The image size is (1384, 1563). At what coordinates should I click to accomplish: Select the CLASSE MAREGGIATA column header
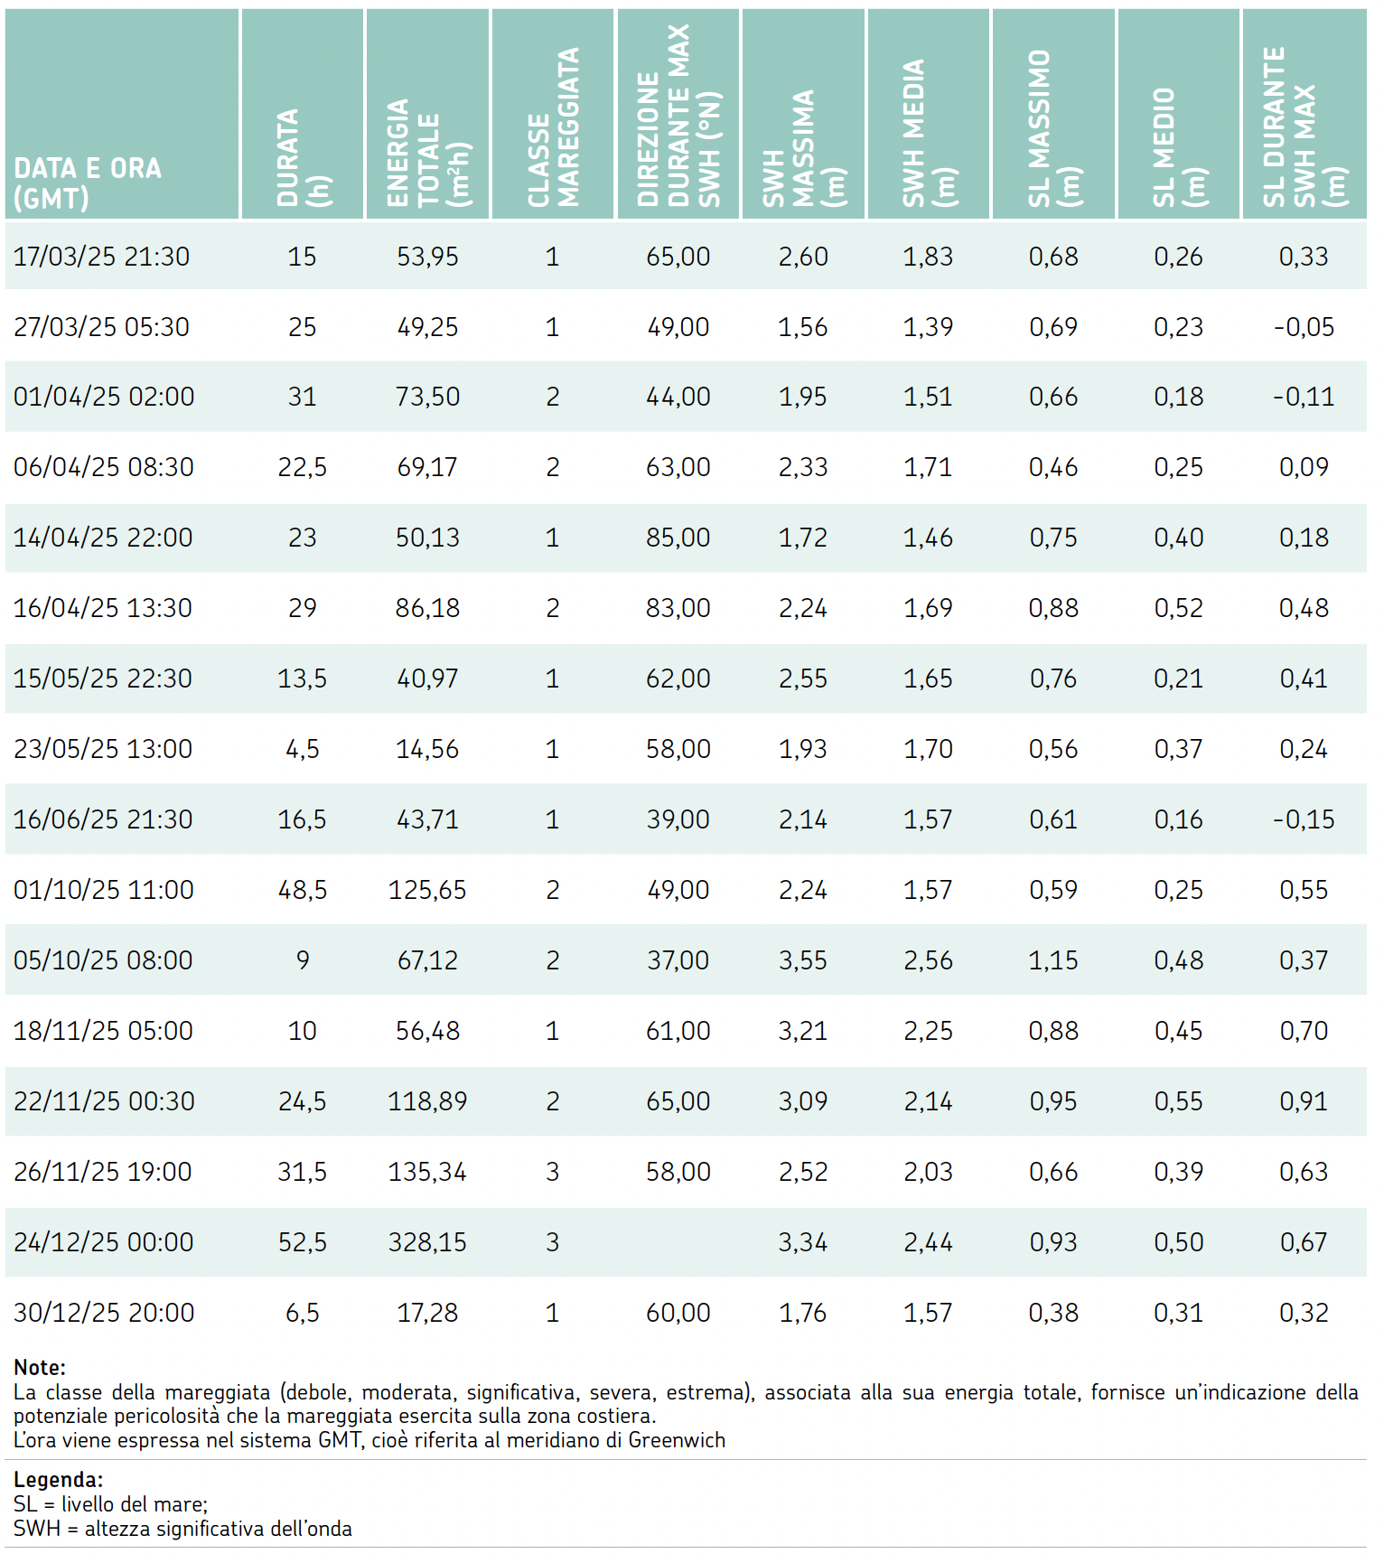point(553,127)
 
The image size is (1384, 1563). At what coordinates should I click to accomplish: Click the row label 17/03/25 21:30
point(101,257)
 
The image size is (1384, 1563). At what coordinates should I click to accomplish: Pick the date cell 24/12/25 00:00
point(103,1242)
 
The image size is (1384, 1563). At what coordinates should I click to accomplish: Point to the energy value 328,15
point(427,1242)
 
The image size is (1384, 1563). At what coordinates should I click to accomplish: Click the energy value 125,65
point(427,890)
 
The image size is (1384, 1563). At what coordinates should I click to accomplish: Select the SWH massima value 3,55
point(803,960)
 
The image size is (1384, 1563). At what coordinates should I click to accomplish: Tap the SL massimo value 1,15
point(1053,960)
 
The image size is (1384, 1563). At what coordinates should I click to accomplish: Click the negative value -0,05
point(1304,327)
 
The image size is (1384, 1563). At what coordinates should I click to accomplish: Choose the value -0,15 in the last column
point(1304,819)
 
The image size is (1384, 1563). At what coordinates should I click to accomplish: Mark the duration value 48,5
point(303,890)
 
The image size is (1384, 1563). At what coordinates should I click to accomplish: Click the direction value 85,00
point(678,538)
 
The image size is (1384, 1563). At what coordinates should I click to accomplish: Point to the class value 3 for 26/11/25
point(553,1172)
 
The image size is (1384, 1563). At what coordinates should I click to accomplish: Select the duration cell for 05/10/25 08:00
point(303,960)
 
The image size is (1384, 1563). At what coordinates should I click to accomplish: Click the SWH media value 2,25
point(929,1031)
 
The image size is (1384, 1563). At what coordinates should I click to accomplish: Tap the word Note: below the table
point(40,1368)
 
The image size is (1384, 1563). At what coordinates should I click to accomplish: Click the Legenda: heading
point(59,1480)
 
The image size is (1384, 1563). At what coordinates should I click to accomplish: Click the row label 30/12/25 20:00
point(104,1313)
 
